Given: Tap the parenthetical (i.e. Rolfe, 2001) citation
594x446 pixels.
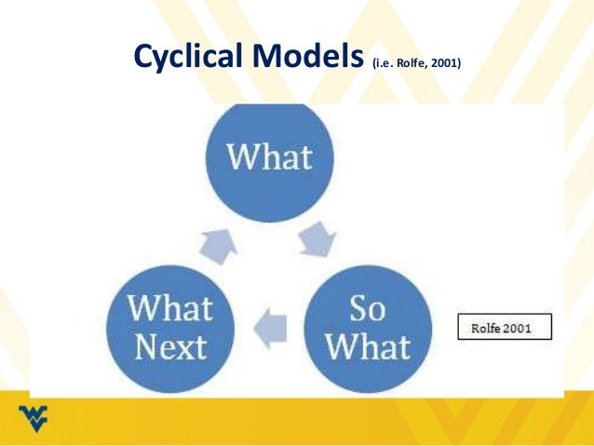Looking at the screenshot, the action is click(x=416, y=64).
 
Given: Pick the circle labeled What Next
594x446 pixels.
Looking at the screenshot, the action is click(x=169, y=328).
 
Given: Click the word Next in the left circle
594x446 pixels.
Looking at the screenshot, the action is click(x=170, y=348).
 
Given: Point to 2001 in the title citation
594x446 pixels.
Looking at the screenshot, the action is click(x=444, y=64).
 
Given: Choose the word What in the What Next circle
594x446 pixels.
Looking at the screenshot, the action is click(x=170, y=308).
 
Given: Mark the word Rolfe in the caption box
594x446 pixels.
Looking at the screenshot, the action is click(x=491, y=328).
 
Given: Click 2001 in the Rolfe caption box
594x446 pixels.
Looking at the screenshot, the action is click(x=527, y=328).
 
